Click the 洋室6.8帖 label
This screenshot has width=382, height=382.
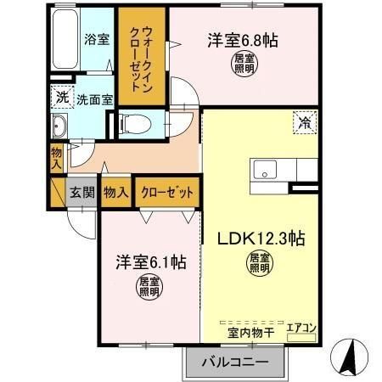(x=244, y=39)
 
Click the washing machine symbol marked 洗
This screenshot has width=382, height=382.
(x=62, y=98)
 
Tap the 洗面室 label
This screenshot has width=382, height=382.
(x=94, y=99)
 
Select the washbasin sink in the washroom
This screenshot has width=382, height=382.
(x=60, y=128)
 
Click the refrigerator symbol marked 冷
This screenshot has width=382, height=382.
(x=303, y=121)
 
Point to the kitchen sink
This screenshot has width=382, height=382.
(x=264, y=168)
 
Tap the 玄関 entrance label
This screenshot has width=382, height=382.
(x=82, y=193)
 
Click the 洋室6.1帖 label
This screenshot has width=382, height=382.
(x=151, y=261)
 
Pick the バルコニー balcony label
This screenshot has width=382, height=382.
(x=234, y=362)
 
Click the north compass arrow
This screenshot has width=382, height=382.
(x=350, y=355)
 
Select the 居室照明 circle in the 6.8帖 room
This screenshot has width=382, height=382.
(x=244, y=63)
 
